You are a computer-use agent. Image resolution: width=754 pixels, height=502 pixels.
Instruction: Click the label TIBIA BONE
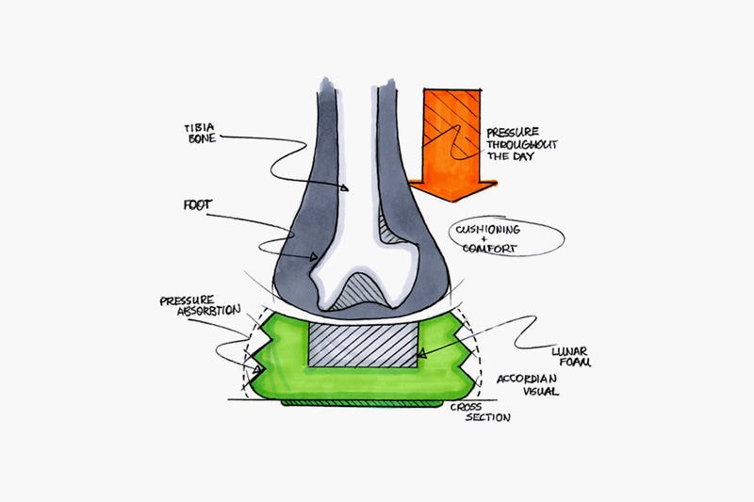click(x=200, y=134)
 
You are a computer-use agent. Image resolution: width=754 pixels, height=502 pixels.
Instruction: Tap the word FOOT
click(x=198, y=205)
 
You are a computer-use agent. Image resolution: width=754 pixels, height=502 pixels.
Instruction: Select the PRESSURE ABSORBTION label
click(x=200, y=306)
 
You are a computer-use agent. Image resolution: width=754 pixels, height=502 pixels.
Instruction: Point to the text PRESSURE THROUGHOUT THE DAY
click(x=521, y=144)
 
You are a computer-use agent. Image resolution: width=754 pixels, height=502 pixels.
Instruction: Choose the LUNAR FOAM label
click(x=571, y=356)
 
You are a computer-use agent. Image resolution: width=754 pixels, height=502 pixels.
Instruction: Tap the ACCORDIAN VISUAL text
click(x=528, y=384)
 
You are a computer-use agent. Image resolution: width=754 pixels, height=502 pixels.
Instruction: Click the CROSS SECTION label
click(x=480, y=413)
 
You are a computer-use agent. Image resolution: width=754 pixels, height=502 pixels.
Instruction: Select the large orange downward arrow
click(x=452, y=144)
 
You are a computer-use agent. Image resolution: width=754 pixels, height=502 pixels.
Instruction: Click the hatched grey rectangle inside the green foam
click(x=363, y=345)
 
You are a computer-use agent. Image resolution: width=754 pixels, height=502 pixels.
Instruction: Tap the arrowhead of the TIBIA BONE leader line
click(x=344, y=187)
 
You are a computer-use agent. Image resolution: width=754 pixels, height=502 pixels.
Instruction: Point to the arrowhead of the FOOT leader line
click(x=314, y=257)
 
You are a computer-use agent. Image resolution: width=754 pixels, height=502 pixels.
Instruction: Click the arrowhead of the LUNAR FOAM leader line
click(x=421, y=354)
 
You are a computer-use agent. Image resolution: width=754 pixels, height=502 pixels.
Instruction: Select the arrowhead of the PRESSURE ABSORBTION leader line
click(x=258, y=370)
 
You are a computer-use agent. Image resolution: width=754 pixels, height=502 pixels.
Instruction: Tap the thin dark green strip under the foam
click(x=362, y=403)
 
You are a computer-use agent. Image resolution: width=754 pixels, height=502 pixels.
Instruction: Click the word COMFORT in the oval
click(x=489, y=248)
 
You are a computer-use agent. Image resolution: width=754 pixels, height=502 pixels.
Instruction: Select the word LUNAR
click(x=569, y=351)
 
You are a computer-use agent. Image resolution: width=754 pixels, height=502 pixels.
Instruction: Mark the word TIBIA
click(x=199, y=128)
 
